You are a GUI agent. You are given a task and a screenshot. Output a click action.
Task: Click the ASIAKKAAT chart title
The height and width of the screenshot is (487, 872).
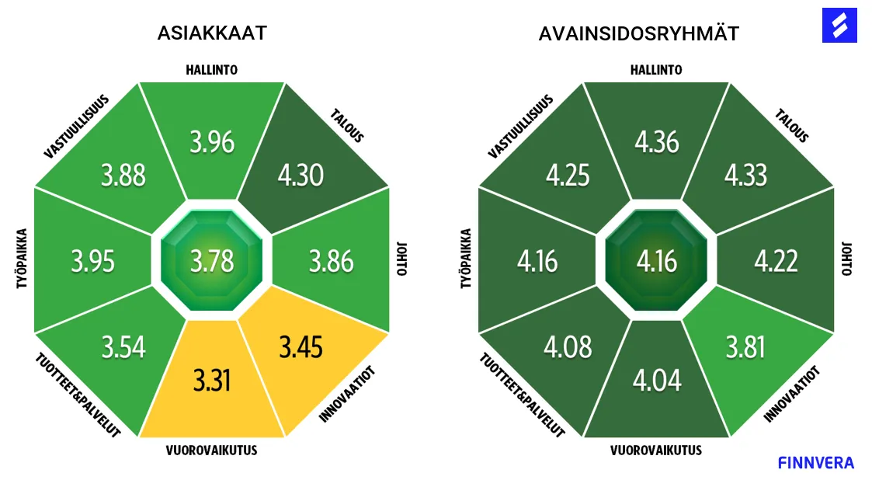[x=212, y=33]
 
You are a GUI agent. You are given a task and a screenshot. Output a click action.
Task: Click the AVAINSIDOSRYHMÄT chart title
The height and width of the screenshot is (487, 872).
[x=639, y=34]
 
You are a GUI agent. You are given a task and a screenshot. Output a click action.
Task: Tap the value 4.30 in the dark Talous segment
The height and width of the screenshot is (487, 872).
[x=301, y=175]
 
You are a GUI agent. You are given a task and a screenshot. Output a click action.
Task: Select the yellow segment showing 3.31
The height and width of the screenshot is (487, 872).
[x=212, y=380]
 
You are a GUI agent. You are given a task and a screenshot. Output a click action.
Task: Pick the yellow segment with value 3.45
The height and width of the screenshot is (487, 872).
[x=301, y=346]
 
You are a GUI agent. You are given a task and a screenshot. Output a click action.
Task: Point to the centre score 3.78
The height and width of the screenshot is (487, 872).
[x=212, y=260]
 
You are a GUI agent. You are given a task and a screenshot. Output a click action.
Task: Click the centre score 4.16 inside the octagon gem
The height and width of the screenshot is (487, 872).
[x=656, y=260]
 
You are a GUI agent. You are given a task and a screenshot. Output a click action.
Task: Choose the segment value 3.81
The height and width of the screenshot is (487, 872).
[x=745, y=346]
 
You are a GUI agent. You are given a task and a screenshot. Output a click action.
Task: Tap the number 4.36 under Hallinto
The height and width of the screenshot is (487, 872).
[x=656, y=142]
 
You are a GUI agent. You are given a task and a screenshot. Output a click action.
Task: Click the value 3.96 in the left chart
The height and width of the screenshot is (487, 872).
[x=212, y=142]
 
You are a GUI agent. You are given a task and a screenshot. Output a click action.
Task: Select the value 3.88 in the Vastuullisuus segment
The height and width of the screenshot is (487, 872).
[x=123, y=175]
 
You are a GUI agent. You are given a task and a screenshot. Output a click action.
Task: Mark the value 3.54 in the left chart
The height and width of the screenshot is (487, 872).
[x=123, y=346]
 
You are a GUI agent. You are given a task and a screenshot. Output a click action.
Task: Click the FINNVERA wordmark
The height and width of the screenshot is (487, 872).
[x=815, y=463]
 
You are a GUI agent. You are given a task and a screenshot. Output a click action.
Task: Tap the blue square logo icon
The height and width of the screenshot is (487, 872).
[x=839, y=26]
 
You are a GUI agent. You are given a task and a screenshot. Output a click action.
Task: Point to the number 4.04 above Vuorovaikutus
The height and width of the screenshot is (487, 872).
[x=656, y=380]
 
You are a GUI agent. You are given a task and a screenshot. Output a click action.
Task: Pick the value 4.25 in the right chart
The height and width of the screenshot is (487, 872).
[x=568, y=175]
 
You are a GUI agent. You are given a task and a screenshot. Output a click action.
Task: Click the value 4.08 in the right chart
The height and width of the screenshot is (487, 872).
[x=568, y=346]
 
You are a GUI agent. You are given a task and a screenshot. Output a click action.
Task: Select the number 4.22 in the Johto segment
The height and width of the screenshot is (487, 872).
[x=776, y=260]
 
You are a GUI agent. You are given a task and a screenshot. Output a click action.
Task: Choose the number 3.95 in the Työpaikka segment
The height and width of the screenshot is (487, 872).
[x=93, y=260]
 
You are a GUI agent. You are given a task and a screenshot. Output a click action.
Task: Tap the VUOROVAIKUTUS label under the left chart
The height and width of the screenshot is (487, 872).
[x=211, y=450]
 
